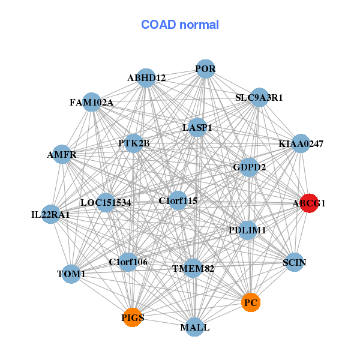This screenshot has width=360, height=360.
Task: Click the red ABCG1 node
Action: [309, 203]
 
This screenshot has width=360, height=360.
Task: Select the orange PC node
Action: [251, 302]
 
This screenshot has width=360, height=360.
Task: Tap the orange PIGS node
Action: [133, 317]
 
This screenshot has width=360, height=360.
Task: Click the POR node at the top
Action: [205, 69]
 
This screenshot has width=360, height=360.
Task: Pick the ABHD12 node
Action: [146, 77]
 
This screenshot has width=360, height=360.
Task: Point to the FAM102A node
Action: [91, 102]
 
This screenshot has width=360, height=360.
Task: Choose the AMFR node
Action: [62, 154]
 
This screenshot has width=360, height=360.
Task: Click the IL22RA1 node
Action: [51, 214]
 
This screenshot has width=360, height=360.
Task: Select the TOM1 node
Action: [71, 274]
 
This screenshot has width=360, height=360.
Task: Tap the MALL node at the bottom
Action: [194, 327]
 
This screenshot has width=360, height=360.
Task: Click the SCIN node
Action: [293, 262]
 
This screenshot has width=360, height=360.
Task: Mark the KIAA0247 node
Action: [301, 144]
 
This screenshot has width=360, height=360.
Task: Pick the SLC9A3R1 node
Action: [259, 97]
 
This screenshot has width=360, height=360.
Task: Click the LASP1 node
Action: [197, 127]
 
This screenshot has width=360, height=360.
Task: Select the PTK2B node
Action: [134, 143]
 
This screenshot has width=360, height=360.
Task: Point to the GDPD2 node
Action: [249, 166]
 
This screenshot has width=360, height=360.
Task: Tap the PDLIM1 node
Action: [247, 230]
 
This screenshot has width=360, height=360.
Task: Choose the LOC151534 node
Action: [106, 202]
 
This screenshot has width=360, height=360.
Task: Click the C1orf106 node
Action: [128, 262]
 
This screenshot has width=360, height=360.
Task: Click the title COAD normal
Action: [180, 25]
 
